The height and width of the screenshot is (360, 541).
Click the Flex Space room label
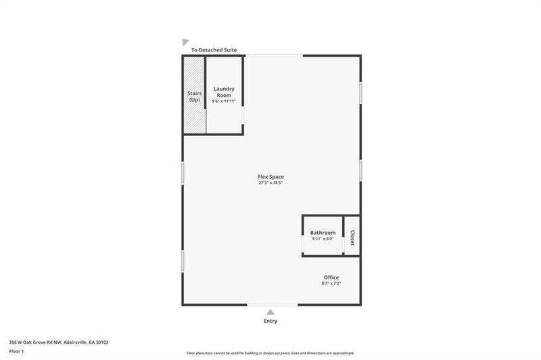click(x=270, y=177)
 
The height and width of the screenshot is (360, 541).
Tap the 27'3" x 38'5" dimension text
click(x=270, y=183)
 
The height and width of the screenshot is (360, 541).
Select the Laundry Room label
click(x=224, y=92)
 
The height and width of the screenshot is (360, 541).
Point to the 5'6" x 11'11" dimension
click(x=224, y=102)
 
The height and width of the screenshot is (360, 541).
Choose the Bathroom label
click(x=323, y=233)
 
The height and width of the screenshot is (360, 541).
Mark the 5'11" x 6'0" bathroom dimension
click(x=323, y=239)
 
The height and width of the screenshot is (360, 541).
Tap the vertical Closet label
click(x=352, y=237)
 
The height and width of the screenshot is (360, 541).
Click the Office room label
click(x=331, y=277)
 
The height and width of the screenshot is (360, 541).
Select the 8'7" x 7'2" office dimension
click(x=331, y=284)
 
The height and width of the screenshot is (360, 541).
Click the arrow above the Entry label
click(x=270, y=312)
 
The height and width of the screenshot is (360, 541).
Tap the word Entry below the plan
click(x=270, y=321)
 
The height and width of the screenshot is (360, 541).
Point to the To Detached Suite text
click(x=214, y=50)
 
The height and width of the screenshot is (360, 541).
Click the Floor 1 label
click(x=17, y=352)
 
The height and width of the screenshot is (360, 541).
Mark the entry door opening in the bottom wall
click(x=270, y=305)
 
